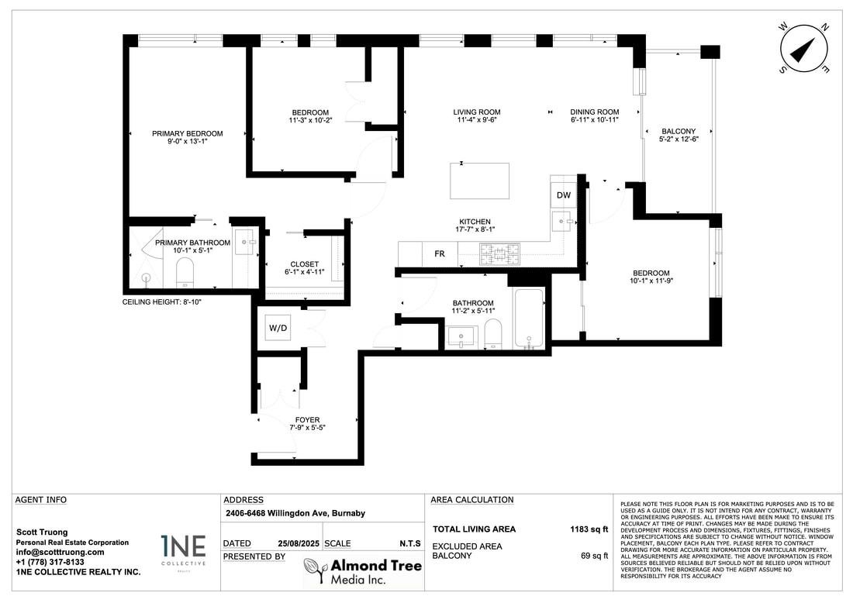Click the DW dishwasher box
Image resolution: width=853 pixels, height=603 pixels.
coord(564,195)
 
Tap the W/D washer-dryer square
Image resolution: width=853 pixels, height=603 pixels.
coord(278,327)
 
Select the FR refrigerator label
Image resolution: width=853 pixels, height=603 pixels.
coord(440,254)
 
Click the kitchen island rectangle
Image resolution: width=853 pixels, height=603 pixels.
coord(480,181)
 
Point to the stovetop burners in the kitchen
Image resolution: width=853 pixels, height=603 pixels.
coord(499,253)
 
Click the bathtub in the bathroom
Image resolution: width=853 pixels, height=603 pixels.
coord(528,319)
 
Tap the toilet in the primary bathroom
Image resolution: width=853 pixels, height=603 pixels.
coord(185,272)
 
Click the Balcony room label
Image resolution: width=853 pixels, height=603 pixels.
coord(679,131)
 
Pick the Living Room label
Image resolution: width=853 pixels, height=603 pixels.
coord(477,112)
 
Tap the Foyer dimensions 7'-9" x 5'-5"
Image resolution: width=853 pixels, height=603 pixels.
coord(307,427)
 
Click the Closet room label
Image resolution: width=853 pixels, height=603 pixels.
coord(305,264)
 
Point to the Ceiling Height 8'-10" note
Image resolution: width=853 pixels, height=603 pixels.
coord(161,301)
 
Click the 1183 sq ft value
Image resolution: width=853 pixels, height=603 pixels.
coord(589,529)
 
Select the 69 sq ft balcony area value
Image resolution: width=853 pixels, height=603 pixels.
coord(595,556)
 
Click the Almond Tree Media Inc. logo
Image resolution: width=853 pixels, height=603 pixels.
coord(363,571)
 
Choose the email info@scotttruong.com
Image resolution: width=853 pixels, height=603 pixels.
coord(60,552)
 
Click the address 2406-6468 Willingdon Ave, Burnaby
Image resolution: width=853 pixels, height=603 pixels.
coord(295,513)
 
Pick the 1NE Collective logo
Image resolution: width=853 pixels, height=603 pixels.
coord(183,551)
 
